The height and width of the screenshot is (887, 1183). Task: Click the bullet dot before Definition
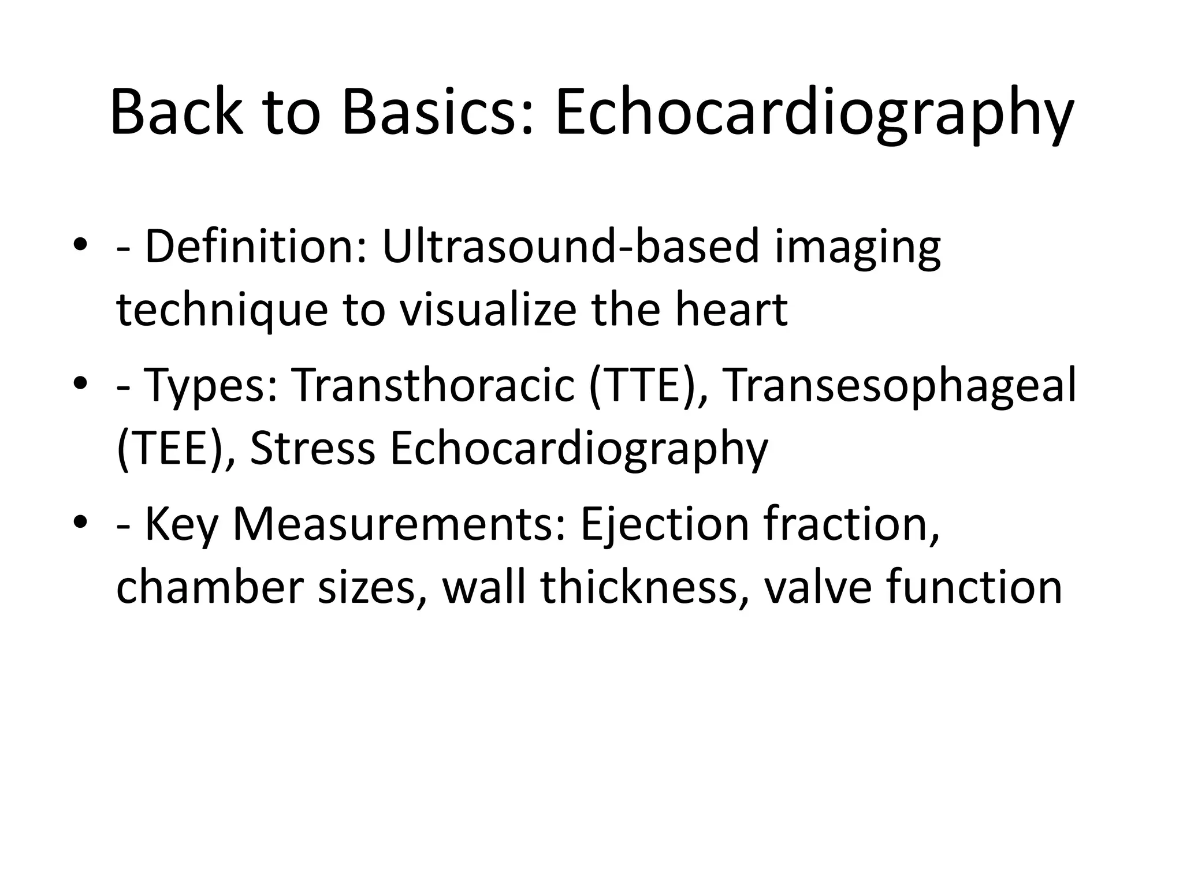[x=80, y=245]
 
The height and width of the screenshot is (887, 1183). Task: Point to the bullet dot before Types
[x=80, y=383]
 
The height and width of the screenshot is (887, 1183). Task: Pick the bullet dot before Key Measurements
[x=80, y=522]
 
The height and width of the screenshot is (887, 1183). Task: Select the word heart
[x=731, y=310]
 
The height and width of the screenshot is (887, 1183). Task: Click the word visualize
[x=488, y=310]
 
